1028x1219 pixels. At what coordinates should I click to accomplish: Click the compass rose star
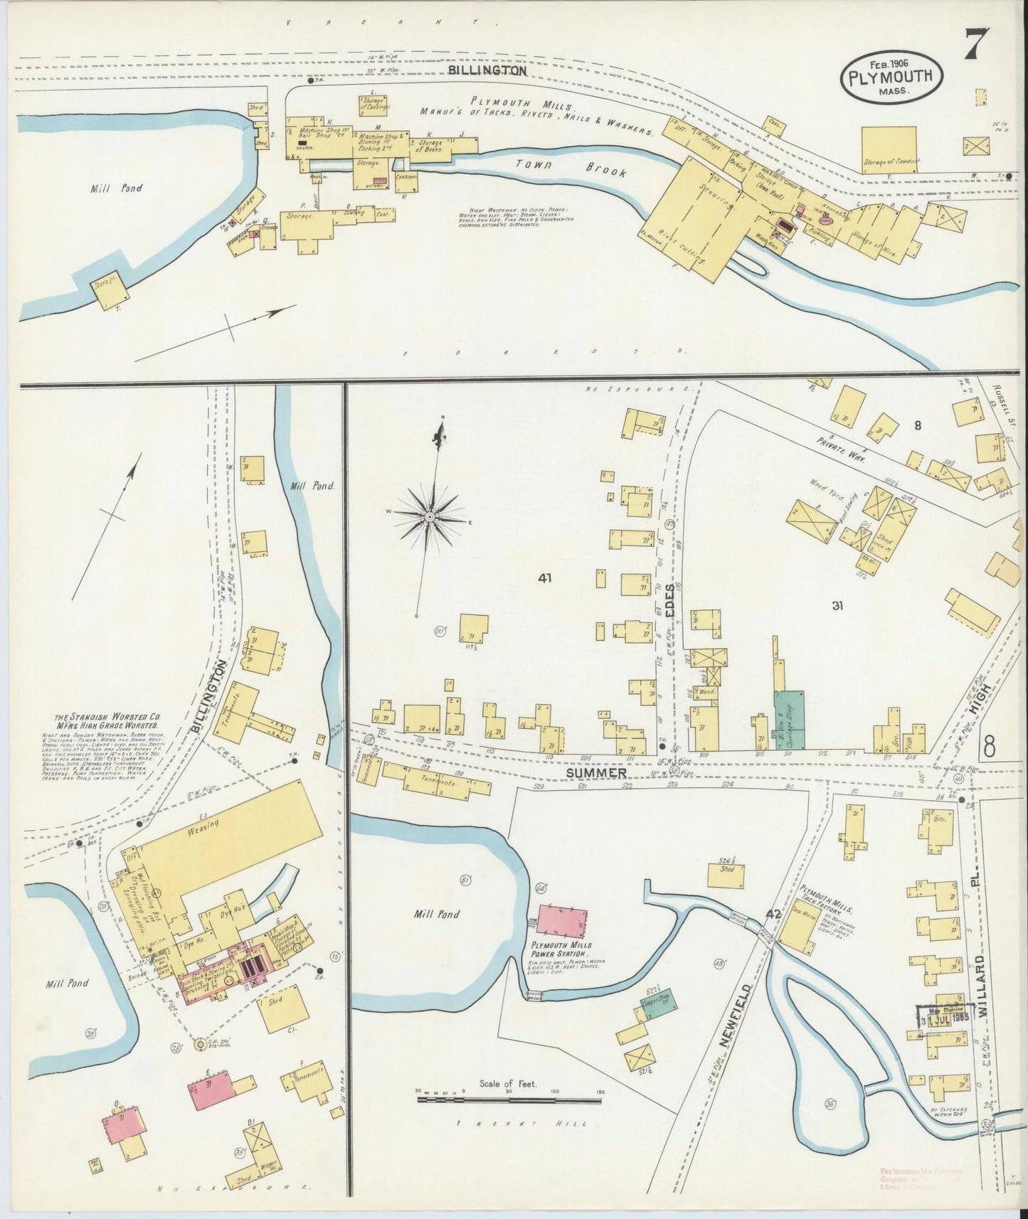point(430,514)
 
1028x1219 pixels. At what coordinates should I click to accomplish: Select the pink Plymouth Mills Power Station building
point(562,922)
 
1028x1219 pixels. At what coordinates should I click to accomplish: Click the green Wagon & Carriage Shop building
point(789,718)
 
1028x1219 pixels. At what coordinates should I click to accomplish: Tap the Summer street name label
point(607,772)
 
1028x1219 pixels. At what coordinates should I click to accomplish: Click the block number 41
point(546,578)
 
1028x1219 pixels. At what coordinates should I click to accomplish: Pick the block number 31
point(837,605)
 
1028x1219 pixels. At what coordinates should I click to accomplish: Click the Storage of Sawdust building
point(889,150)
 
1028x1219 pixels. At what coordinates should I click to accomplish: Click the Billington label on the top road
point(487,71)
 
